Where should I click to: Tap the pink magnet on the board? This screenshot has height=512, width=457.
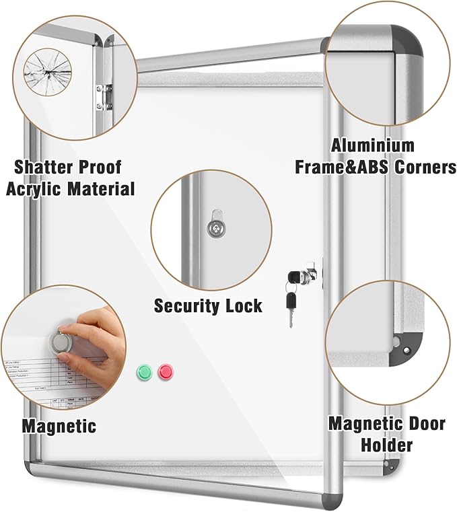pyautogui.click(x=165, y=371)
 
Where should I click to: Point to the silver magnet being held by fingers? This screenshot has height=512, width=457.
pyautogui.click(x=61, y=342)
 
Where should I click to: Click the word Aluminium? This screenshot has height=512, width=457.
pyautogui.click(x=372, y=145)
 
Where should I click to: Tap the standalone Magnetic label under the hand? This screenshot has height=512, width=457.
pyautogui.click(x=59, y=426)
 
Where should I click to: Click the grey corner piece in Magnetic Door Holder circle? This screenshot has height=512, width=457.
pyautogui.click(x=402, y=344)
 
